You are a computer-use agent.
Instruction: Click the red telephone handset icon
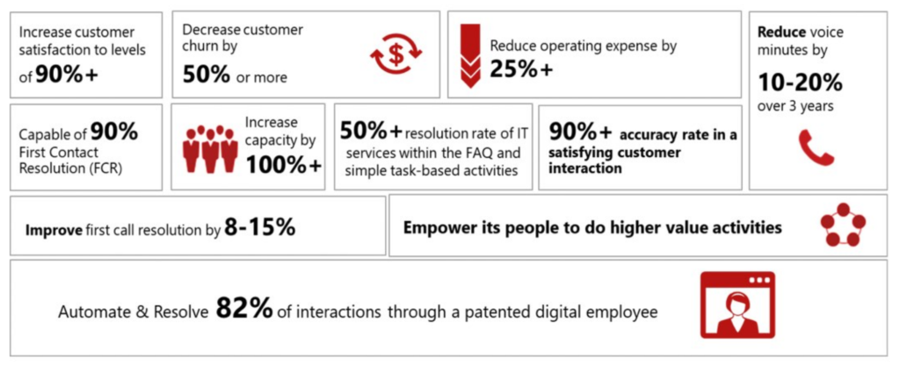pos(817,147)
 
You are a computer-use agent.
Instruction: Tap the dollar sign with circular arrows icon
pos(396,55)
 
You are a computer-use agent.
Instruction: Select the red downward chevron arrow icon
pos(471,55)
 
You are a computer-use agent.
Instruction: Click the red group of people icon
pos(210,149)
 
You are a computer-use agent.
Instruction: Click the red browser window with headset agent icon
pos(737,305)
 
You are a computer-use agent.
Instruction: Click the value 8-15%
pos(260,227)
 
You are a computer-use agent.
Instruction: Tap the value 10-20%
pos(800,83)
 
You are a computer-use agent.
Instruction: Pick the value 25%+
pos(521,68)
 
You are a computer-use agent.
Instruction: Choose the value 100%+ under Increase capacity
pos(284,164)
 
